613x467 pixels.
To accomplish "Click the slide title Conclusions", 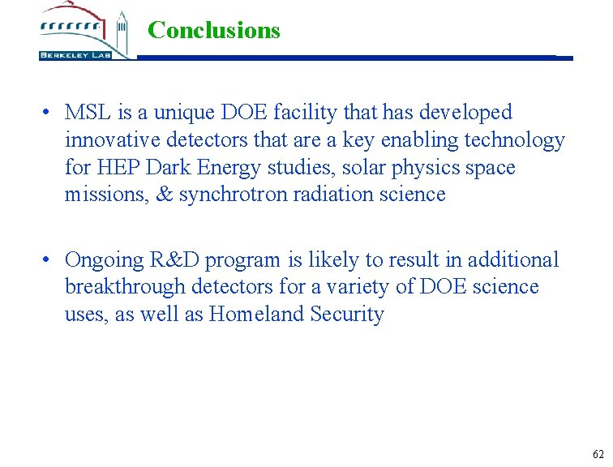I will (214, 30).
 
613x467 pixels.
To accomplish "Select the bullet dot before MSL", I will (49, 113).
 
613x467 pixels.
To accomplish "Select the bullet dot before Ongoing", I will (49, 260).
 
